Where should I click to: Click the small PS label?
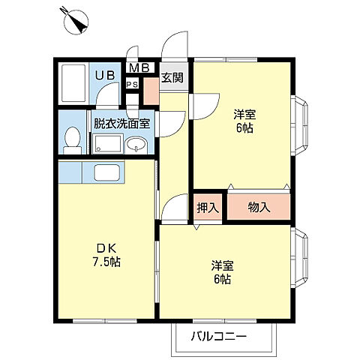pyautogui.click(x=132, y=84)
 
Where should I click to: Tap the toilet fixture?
pyautogui.click(x=73, y=139)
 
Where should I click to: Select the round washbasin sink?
pyautogui.click(x=136, y=145)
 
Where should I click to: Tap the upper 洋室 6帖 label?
pyautogui.click(x=244, y=121)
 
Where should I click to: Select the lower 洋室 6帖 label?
pyautogui.click(x=220, y=271)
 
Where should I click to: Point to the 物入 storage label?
pyautogui.click(x=259, y=208)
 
